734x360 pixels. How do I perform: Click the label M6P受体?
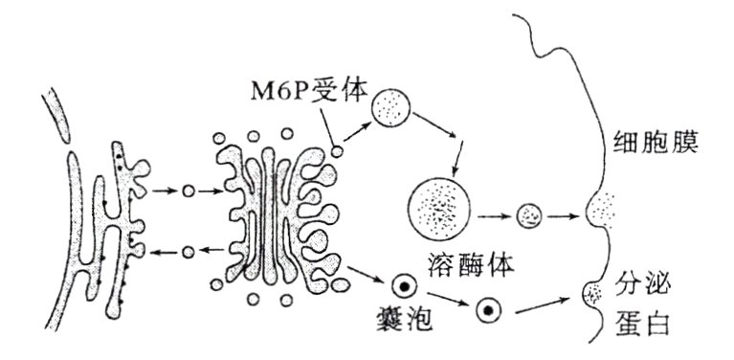[x=286, y=92]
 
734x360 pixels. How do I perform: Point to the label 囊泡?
[x=404, y=319]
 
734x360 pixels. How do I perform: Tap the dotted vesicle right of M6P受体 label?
[x=390, y=107]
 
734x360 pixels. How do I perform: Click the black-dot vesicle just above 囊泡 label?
[x=404, y=285]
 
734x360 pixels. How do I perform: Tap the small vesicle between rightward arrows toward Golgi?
[x=189, y=191]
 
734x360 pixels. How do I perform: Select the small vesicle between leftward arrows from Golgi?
[x=189, y=252]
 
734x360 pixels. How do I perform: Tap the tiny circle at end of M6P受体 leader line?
[x=337, y=149]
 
